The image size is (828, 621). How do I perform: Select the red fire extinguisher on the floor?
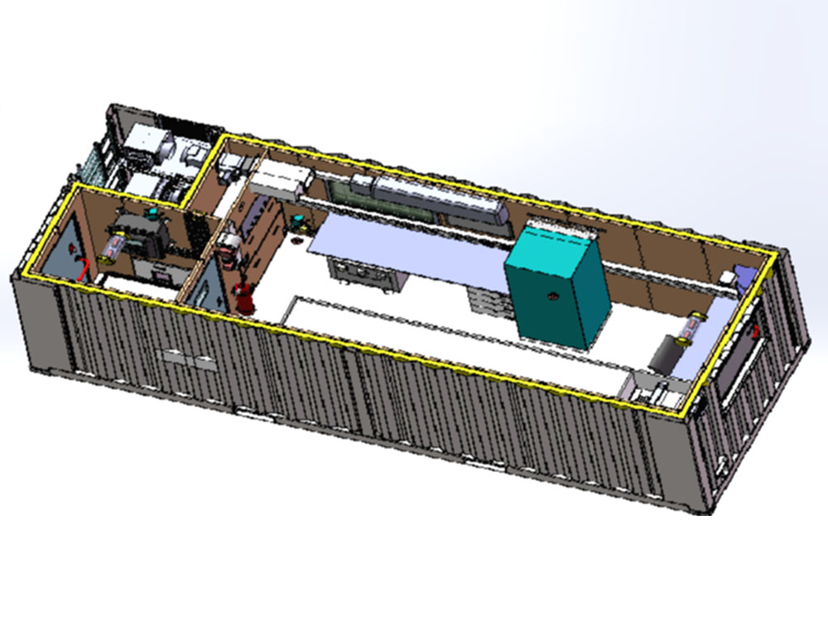(244, 296)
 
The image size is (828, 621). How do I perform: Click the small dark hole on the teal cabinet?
(548, 294)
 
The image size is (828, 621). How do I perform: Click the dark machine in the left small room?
(142, 237)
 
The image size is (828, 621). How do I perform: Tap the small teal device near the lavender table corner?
(296, 222)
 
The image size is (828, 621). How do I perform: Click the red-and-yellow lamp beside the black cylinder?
(692, 326)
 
